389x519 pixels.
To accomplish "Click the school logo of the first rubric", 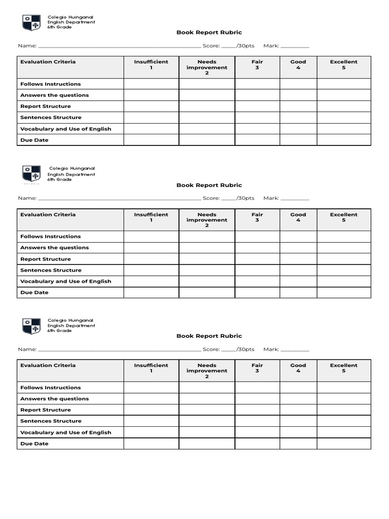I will (x=31, y=23).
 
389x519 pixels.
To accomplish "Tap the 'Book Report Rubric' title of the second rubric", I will (x=209, y=185).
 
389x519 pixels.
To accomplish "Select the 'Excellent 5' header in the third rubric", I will (x=343, y=368).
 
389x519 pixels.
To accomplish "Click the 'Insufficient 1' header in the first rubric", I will (x=151, y=64).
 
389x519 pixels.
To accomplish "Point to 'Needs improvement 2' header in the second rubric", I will (x=207, y=220).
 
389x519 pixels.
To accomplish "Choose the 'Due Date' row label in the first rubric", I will (x=34, y=140).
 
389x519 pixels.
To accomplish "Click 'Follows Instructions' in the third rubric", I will (x=50, y=388).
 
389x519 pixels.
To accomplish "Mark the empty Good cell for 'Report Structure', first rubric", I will (x=298, y=106).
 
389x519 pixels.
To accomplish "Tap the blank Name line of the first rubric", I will (x=119, y=46).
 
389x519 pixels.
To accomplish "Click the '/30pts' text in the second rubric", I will (x=245, y=198).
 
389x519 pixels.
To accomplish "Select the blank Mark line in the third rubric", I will (x=294, y=349).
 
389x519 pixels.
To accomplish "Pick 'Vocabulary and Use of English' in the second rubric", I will (x=65, y=281).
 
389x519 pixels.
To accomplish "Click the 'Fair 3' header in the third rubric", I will (x=257, y=368).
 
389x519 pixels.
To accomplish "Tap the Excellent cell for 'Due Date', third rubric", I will (x=343, y=443).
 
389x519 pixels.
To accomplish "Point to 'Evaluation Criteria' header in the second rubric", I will (x=48, y=214).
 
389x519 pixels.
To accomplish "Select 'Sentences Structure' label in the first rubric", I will (x=51, y=118).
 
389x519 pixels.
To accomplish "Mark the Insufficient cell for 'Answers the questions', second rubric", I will (x=151, y=248).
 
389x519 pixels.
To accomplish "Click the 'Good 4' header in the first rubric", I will (x=298, y=64).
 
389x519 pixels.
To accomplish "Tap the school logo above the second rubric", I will (x=31, y=174).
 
